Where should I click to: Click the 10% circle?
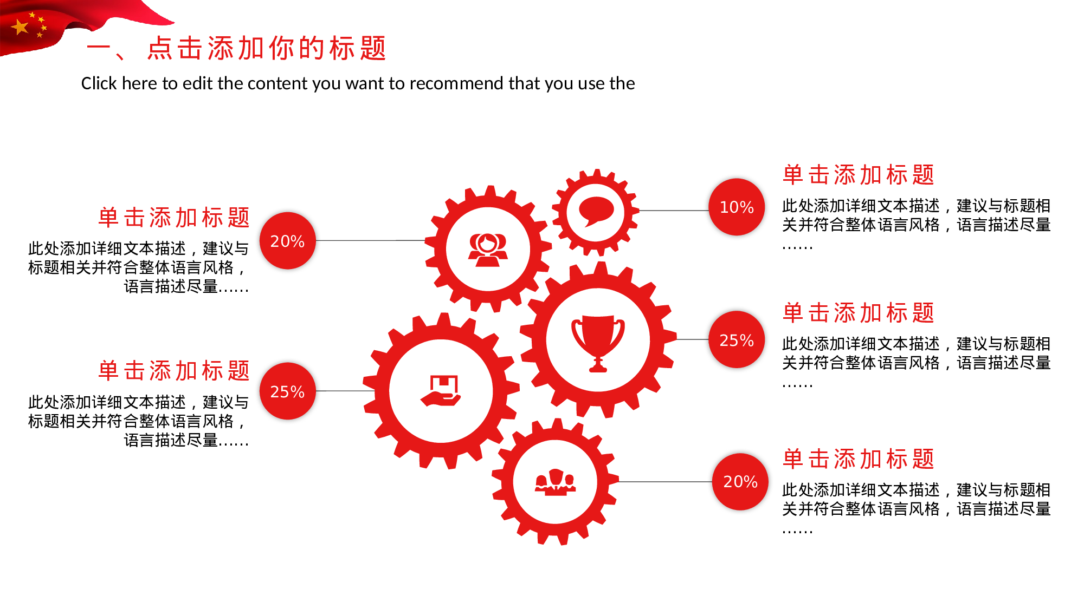737,207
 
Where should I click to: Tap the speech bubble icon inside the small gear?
596,211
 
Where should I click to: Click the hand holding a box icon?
441,390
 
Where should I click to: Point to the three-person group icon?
555,482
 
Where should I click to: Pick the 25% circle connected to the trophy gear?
737,339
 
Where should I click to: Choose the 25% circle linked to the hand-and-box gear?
287,391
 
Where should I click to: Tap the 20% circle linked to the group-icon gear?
740,481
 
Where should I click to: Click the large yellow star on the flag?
21,27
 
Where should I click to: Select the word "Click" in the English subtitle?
99,83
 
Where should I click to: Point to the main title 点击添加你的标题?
267,48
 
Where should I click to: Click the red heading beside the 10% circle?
859,175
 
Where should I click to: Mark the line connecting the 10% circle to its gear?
674,211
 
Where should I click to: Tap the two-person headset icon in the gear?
488,250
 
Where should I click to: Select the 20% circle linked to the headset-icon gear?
287,240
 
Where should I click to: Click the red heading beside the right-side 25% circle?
859,313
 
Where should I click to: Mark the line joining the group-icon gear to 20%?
666,481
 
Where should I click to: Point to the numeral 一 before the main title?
99,48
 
